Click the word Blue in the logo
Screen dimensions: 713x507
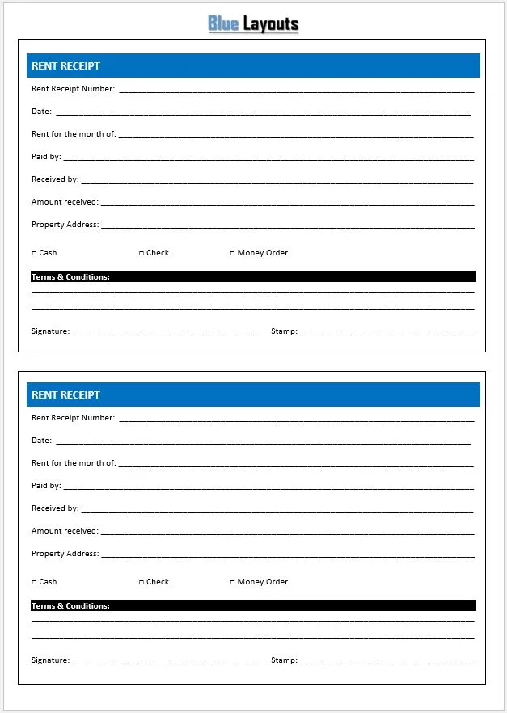point(223,23)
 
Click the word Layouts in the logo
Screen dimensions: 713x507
point(271,23)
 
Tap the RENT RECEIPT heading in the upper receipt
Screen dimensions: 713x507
point(65,66)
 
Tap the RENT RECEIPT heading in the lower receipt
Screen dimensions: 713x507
point(65,395)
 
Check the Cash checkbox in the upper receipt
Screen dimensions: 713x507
point(34,254)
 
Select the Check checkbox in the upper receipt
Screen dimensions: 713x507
point(142,254)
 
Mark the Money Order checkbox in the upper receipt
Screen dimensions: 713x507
point(232,254)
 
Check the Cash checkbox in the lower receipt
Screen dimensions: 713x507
point(34,583)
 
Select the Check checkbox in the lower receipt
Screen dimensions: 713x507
point(142,583)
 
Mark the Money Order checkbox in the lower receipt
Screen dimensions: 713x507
point(232,583)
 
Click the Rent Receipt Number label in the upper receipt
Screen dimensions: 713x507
point(73,89)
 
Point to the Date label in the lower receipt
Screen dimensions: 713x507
point(41,441)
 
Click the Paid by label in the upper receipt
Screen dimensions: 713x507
point(46,157)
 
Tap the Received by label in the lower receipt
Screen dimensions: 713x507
point(55,508)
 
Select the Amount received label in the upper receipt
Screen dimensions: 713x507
point(65,202)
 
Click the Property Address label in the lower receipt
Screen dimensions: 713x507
point(65,554)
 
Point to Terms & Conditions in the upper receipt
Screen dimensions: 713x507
point(70,277)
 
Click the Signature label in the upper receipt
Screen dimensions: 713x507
point(50,331)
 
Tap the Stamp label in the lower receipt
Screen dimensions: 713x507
point(284,660)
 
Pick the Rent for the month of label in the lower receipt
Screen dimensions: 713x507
point(74,463)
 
